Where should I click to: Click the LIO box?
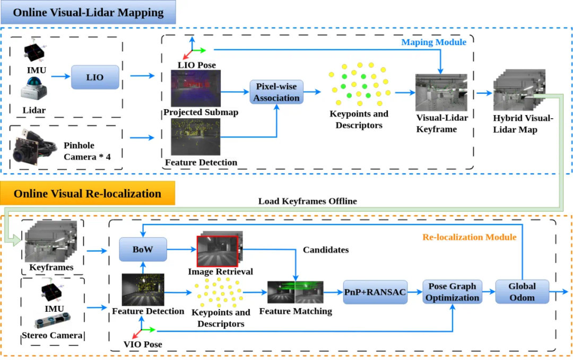pos(95,77)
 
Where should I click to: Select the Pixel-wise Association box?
pos(276,92)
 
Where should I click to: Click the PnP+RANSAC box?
pos(375,292)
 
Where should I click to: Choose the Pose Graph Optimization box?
pos(453,292)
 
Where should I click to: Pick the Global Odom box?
pos(522,292)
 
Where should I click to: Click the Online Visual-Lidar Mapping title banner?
pos(88,13)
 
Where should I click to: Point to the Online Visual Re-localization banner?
pos(88,194)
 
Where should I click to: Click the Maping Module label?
pos(433,42)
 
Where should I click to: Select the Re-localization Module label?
pos(469,237)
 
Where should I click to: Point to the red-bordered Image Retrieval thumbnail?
pos(218,251)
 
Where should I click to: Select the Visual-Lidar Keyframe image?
pos(441,92)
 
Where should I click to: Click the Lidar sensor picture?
pos(34,88)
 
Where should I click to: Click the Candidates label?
pos(325,249)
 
